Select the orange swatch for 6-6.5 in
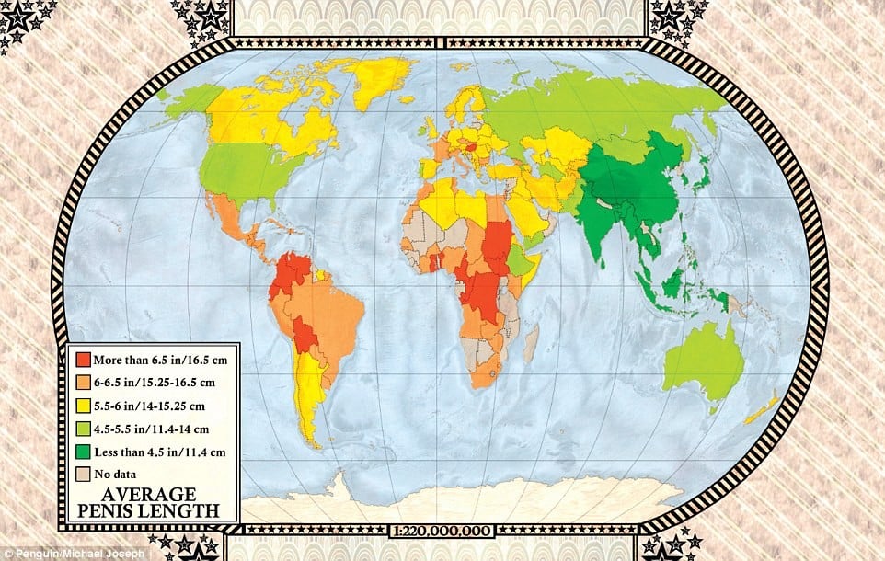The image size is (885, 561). click(x=83, y=381)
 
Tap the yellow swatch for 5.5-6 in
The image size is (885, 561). click(x=83, y=404)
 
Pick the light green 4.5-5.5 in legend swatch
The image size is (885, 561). click(x=83, y=427)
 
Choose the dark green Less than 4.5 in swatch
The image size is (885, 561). click(x=83, y=450)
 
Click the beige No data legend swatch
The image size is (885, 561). click(x=83, y=473)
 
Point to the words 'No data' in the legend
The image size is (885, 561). click(x=114, y=473)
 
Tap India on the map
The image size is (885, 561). click(x=607, y=221)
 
